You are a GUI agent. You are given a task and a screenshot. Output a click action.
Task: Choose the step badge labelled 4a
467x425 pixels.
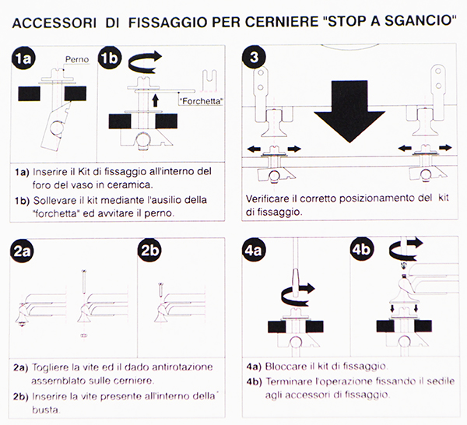255,250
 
